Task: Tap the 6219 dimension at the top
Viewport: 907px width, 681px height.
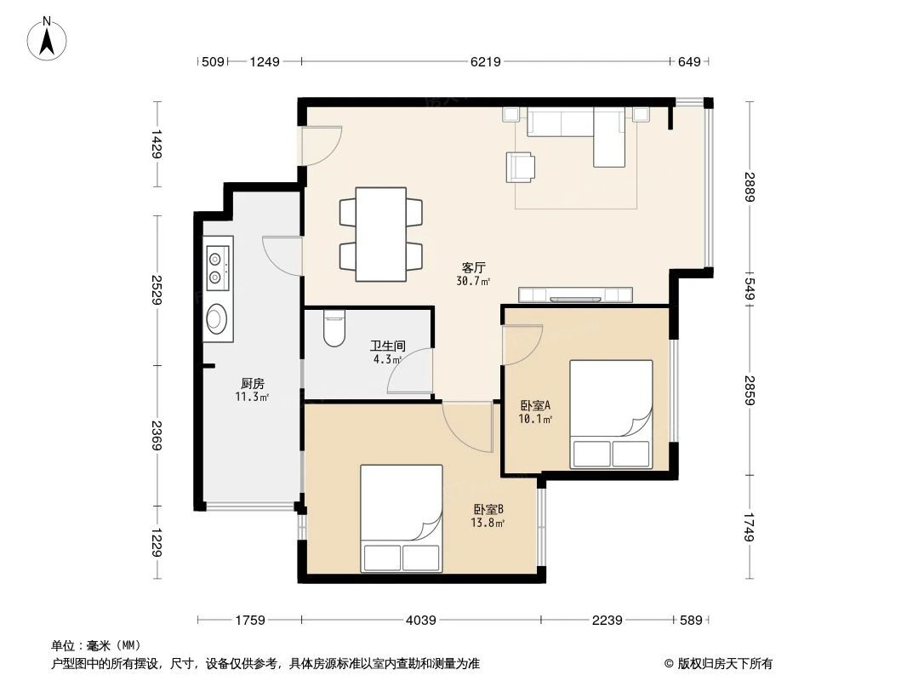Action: pos(485,61)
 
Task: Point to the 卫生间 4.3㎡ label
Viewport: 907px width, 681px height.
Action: pos(387,352)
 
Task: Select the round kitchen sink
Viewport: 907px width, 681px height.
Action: pos(217,318)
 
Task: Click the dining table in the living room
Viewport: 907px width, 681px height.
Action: pos(380,235)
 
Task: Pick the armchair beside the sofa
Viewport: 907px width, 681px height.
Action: pos(522,166)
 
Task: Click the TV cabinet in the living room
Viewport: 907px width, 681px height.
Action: pos(576,295)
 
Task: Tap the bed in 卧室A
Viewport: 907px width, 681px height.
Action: pos(610,414)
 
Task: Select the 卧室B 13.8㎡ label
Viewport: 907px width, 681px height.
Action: pos(488,516)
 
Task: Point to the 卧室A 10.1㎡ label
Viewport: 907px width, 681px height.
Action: pos(537,412)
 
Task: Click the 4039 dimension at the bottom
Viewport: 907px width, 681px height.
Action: pos(422,621)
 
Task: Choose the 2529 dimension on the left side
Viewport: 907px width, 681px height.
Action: pos(156,290)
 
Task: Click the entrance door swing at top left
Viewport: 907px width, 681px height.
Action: pos(322,146)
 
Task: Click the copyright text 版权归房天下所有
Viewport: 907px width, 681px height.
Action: pos(723,663)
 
